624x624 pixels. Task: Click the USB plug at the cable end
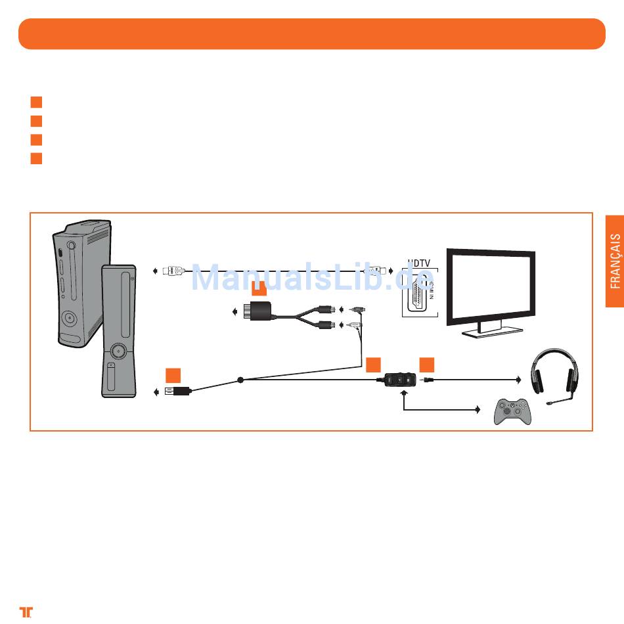178,391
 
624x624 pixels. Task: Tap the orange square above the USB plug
173,375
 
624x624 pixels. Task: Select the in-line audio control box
401,380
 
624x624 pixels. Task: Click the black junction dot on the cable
241,380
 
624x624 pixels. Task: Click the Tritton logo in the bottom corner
26,611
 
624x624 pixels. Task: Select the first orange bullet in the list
36,102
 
